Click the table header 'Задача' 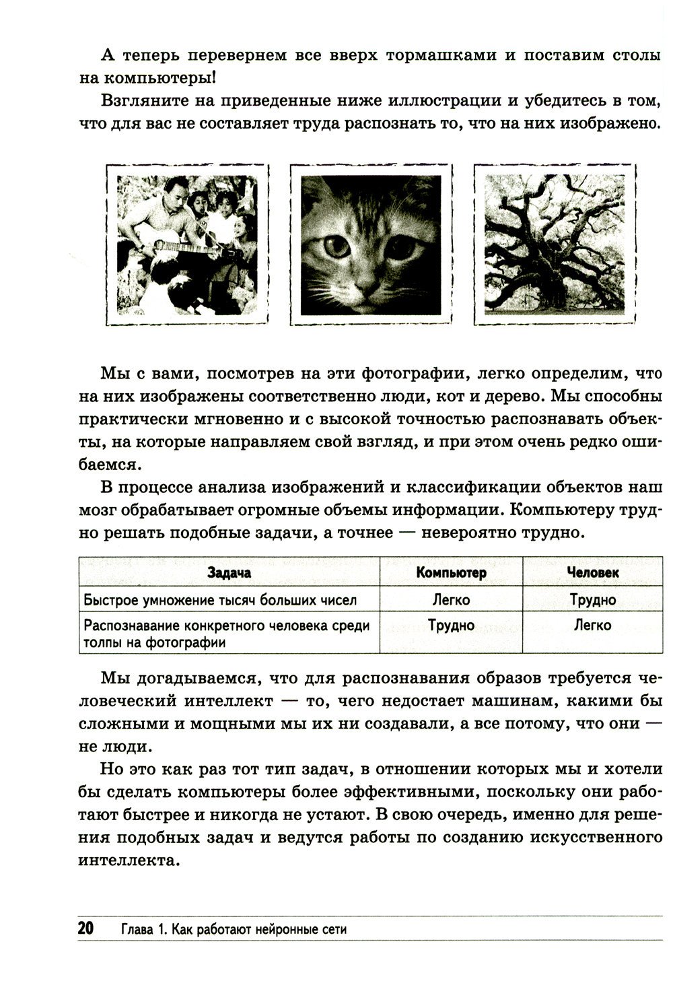point(229,572)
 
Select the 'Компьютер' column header point(451,572)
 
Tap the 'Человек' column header point(592,572)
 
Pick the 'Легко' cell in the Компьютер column point(451,599)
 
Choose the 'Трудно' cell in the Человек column point(592,599)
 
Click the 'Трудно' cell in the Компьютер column point(451,625)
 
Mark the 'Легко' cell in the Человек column point(592,625)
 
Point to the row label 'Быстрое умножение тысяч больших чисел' point(219,600)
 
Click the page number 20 point(85,928)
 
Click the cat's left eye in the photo point(336,246)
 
